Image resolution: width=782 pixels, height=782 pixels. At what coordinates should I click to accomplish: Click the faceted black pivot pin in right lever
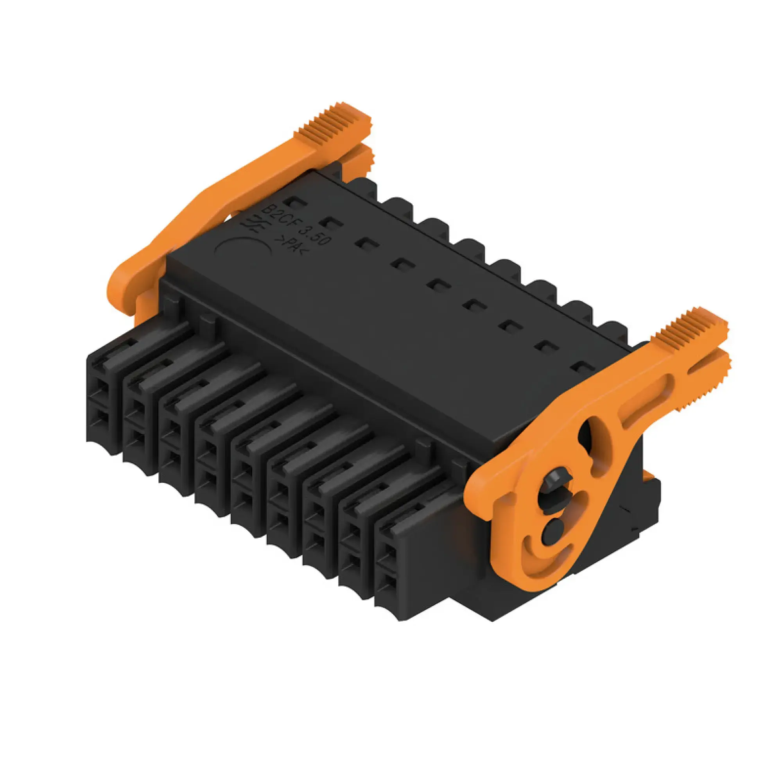555,484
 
